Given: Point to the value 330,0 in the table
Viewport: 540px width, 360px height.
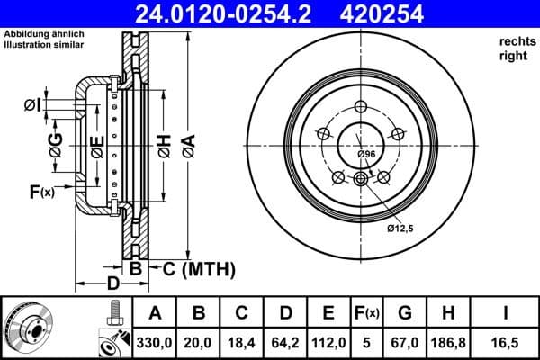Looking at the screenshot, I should pos(155,342).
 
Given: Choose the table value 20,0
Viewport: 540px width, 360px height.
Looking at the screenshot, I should pos(199,342).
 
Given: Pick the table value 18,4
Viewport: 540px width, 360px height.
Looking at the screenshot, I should pos(242,342).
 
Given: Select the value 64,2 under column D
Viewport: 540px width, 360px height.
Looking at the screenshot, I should pos(285,342).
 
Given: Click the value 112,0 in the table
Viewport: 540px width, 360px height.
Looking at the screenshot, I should pos(328,342).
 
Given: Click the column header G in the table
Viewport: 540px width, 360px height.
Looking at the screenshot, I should pos(406,313).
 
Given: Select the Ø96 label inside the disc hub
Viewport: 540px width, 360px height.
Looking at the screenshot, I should pos(365,155).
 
